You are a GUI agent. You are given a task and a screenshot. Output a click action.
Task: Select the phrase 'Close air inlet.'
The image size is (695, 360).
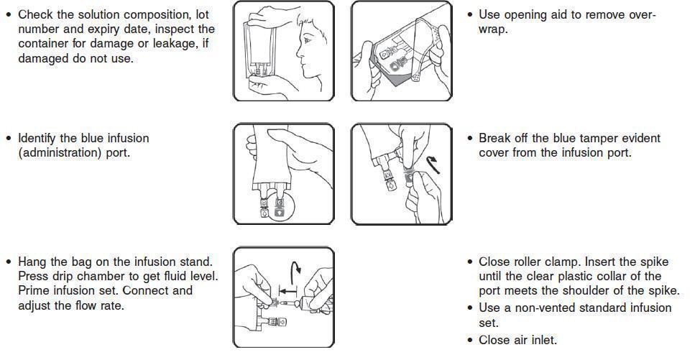pos(517,340)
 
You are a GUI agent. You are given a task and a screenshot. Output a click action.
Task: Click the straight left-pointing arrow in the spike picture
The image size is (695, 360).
pos(287,291)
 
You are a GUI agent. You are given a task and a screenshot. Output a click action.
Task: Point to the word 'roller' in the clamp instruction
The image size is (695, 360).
pos(528,262)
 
